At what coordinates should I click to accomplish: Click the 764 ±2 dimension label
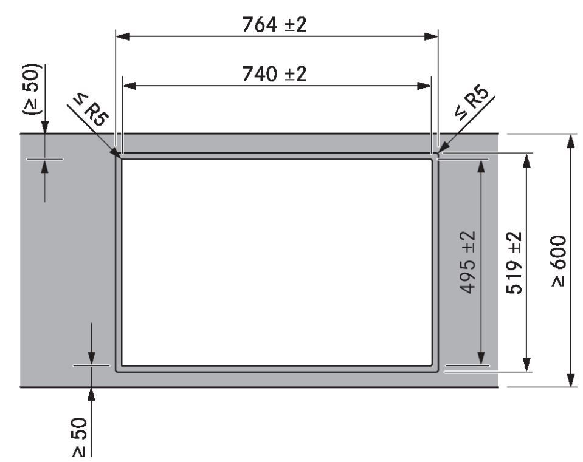pos(274,24)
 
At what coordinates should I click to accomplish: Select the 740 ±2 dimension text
pos(274,73)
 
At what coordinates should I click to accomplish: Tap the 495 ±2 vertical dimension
pos(467,262)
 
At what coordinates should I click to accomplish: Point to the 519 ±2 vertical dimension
pos(514,262)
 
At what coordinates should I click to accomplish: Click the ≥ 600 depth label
pos(559,260)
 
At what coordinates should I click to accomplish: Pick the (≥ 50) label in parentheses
pos(31,89)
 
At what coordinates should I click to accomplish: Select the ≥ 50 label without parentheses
pos(80,437)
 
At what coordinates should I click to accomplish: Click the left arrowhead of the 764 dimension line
pos(123,36)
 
